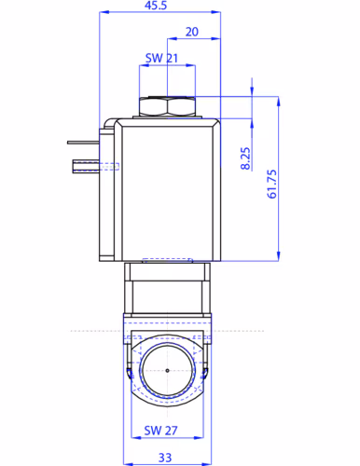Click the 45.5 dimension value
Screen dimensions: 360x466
coord(156,6)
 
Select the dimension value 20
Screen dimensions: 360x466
coord(192,32)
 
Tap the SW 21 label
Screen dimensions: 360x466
coord(161,58)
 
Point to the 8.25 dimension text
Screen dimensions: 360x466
coord(245,158)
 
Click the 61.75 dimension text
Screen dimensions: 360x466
coord(271,184)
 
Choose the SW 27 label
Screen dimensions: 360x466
coord(160,431)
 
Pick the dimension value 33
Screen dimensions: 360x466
coord(165,458)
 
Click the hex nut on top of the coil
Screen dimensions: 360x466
coord(167,106)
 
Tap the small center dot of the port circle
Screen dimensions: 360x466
coord(167,370)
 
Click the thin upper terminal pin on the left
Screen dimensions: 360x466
coord(83,143)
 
